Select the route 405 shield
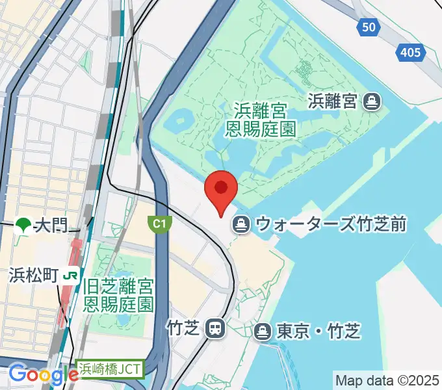pyautogui.click(x=411, y=52)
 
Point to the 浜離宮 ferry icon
pyautogui.click(x=372, y=101)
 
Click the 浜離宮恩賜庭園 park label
pyautogui.click(x=261, y=119)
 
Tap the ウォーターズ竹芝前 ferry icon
pyautogui.click(x=241, y=225)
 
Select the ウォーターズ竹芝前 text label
pyautogui.click(x=331, y=225)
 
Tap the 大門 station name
pyautogui.click(x=51, y=226)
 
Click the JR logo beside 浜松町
pyautogui.click(x=70, y=275)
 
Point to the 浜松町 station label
pyautogui.click(x=34, y=275)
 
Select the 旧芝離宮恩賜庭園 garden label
pyautogui.click(x=121, y=294)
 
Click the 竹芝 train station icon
pyautogui.click(x=214, y=328)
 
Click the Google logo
pyautogui.click(x=43, y=374)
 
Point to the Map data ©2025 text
pyautogui.click(x=387, y=380)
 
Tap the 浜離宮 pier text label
pyautogui.click(x=333, y=101)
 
